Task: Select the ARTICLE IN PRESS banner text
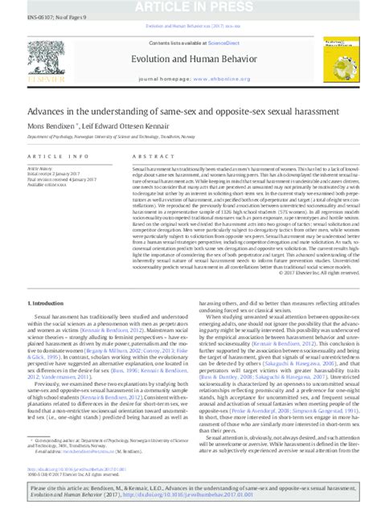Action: [191, 7]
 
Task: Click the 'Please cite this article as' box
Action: [190, 491]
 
